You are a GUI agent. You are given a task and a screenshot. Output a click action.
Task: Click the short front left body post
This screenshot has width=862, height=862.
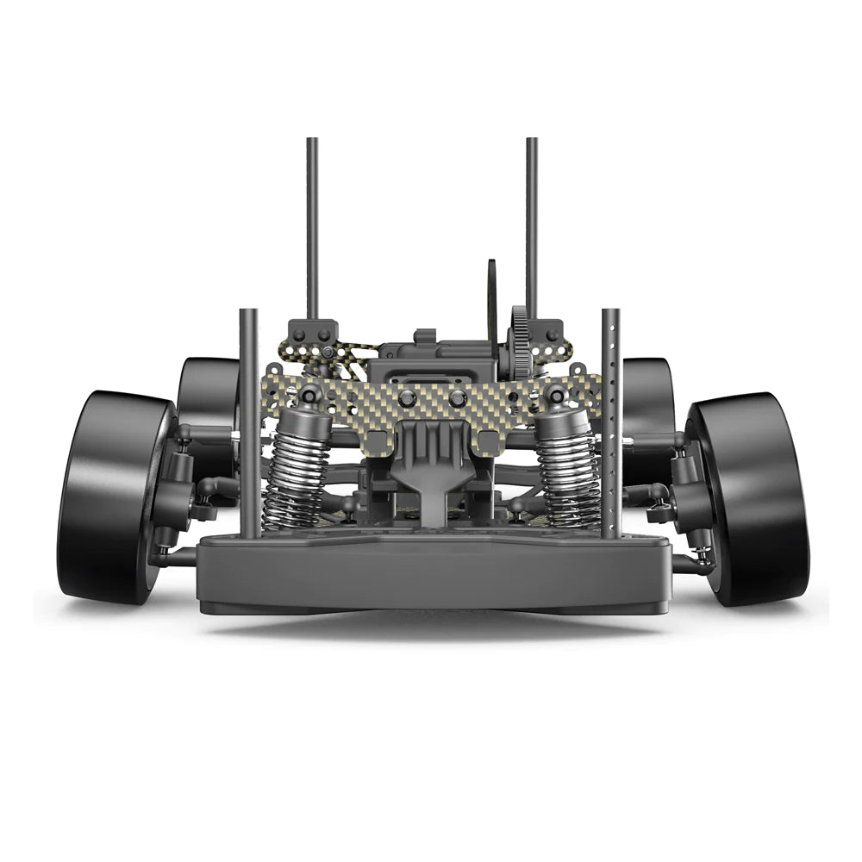pyautogui.click(x=249, y=422)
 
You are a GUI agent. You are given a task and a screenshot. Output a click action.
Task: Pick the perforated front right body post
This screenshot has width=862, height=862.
pyautogui.click(x=611, y=422)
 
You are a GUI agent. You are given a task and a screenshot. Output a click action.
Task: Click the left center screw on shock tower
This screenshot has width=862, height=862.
pyautogui.click(x=408, y=398)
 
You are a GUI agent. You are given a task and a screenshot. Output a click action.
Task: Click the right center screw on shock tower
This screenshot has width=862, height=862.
pyautogui.click(x=458, y=398)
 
